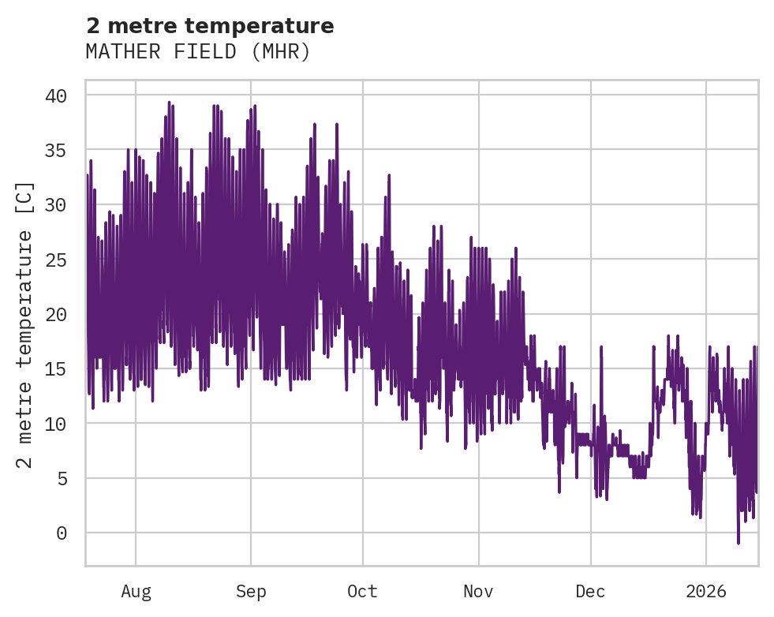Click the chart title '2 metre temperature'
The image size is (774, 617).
pyautogui.click(x=210, y=26)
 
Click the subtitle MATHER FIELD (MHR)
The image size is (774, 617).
pyautogui.click(x=198, y=52)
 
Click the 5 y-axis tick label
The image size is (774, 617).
pyautogui.click(x=62, y=478)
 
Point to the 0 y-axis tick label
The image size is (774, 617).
pyautogui.click(x=62, y=533)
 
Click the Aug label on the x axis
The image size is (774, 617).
pyautogui.click(x=136, y=592)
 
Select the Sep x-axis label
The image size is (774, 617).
pyautogui.click(x=251, y=592)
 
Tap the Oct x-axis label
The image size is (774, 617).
pyautogui.click(x=363, y=592)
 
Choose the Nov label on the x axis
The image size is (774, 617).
pyautogui.click(x=478, y=592)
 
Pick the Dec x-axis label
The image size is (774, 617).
pyautogui.click(x=591, y=592)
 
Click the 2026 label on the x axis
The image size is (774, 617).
pyautogui.click(x=706, y=592)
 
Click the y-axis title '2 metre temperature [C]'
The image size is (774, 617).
pyautogui.click(x=25, y=324)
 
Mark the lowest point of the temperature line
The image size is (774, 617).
pyautogui.click(x=738, y=543)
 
